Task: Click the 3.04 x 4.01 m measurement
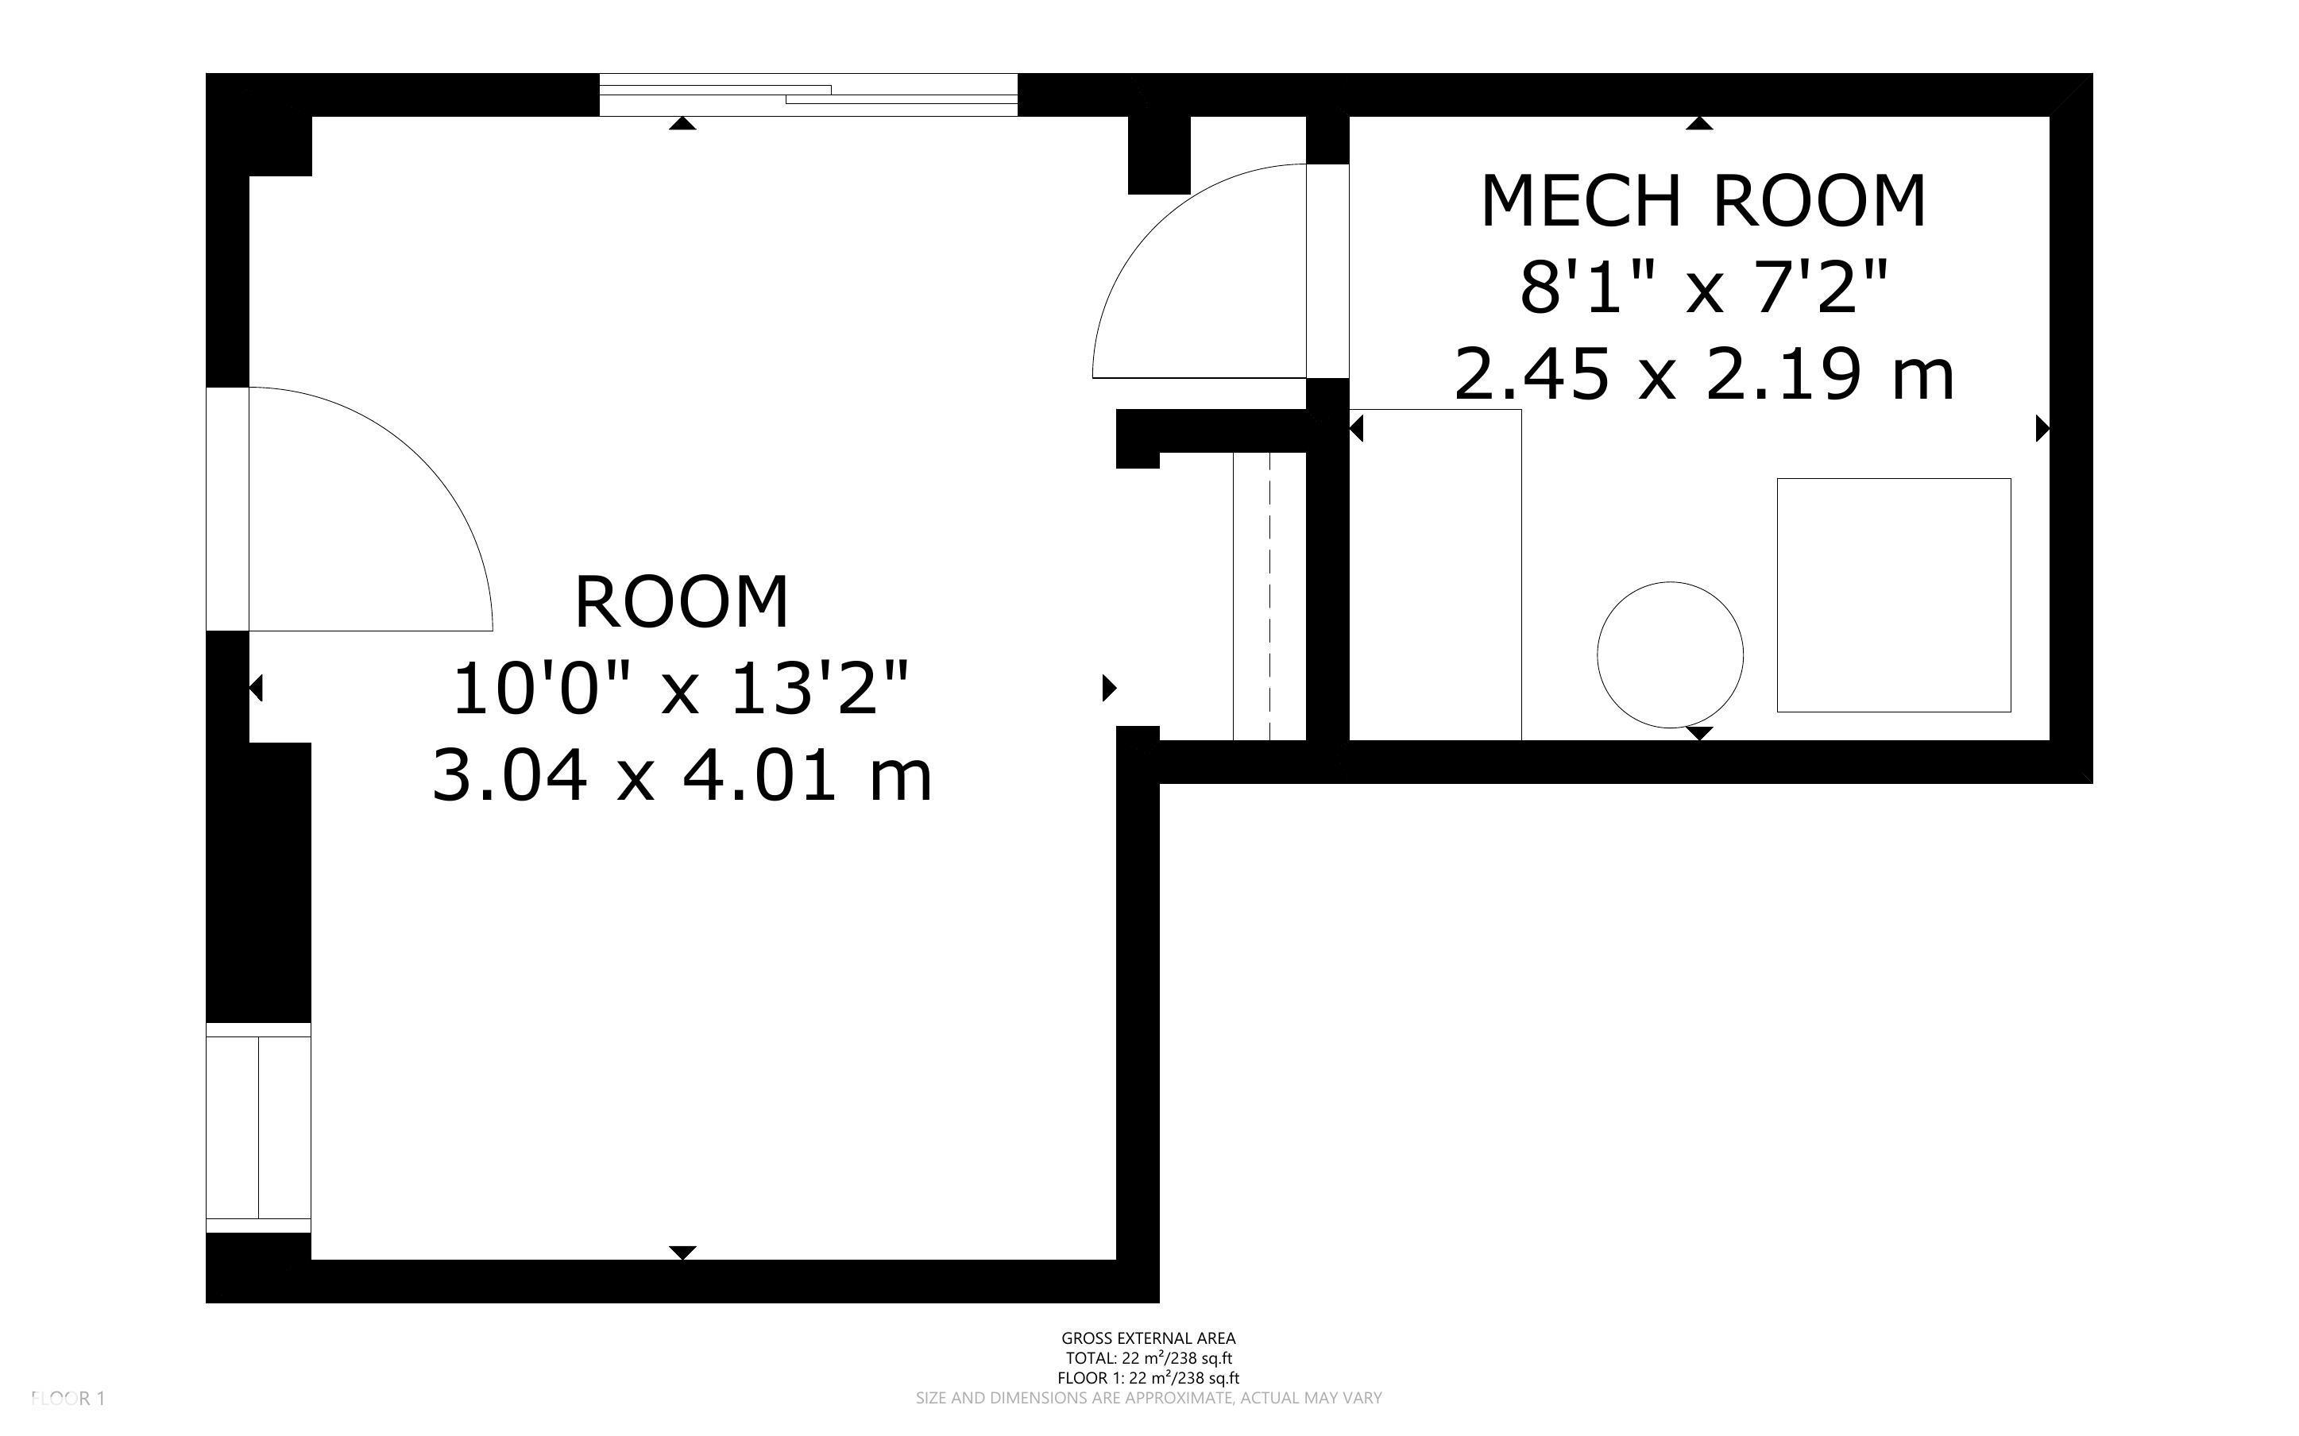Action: (x=682, y=774)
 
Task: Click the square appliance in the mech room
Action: (x=1894, y=595)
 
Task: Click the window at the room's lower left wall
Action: (x=258, y=1127)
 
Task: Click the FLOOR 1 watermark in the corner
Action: (x=68, y=1398)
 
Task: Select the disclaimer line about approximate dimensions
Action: (x=1148, y=1398)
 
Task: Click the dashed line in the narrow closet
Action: (x=1269, y=596)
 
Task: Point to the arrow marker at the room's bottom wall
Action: (x=682, y=1253)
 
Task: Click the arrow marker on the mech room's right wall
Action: (x=2042, y=429)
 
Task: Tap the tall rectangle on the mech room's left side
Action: (x=1435, y=574)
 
